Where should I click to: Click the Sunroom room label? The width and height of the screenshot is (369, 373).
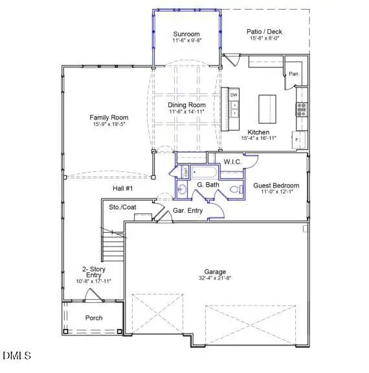click(186, 34)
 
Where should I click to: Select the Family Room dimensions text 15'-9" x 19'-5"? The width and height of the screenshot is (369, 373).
click(107, 125)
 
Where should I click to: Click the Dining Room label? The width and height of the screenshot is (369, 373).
click(186, 105)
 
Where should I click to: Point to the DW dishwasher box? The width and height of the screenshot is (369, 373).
click(234, 96)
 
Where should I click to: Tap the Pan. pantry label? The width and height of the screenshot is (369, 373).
click(294, 73)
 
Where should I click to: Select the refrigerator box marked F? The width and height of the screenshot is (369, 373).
click(297, 140)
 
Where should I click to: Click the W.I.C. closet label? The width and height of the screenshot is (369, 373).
click(232, 161)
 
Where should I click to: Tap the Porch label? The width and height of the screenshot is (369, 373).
click(94, 318)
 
